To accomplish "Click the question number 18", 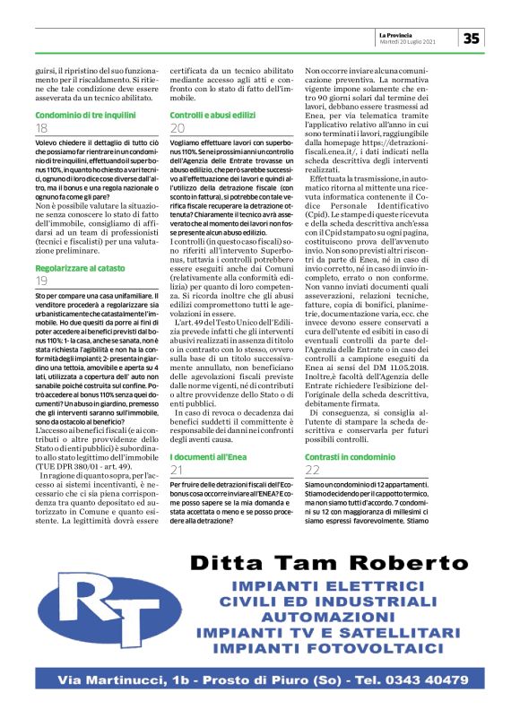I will pyautogui.click(x=42, y=128).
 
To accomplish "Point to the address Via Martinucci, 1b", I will pyautogui.click(x=135, y=681).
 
